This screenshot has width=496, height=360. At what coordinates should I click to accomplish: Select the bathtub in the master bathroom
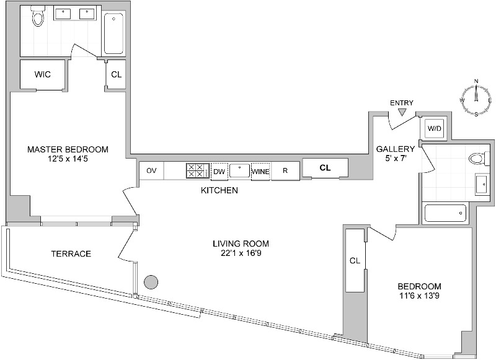click(113, 34)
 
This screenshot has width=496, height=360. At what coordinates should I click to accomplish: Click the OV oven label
click(151, 171)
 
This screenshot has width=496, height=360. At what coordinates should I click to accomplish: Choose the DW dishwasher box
click(219, 172)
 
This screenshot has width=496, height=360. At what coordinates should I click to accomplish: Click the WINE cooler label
click(260, 172)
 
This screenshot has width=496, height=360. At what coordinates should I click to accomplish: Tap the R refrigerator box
click(285, 171)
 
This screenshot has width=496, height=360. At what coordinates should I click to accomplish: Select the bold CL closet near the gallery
click(325, 168)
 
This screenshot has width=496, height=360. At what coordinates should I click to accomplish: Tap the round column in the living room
click(150, 283)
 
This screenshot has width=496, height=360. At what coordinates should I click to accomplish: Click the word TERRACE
click(71, 254)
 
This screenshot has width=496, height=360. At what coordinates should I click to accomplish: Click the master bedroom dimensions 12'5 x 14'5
click(68, 159)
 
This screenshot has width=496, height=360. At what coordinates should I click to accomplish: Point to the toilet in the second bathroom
click(476, 158)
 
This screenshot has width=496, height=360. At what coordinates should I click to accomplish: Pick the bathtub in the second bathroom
click(445, 213)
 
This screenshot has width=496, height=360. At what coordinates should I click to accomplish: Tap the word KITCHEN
click(219, 190)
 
